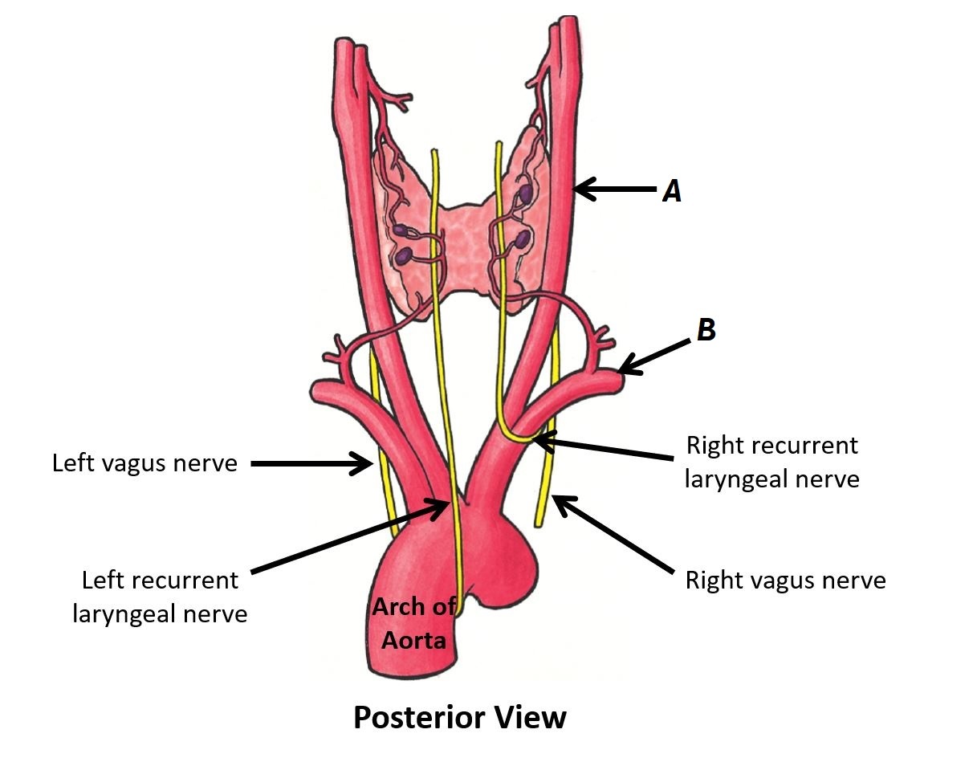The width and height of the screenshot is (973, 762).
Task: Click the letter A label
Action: [x=671, y=191]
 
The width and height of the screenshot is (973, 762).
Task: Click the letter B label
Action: [x=706, y=330]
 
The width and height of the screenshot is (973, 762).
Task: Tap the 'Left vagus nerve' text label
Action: [x=145, y=463]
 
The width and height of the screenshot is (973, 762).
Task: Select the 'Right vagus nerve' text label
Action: [x=784, y=580]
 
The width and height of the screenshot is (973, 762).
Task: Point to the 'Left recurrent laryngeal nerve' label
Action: [x=160, y=597]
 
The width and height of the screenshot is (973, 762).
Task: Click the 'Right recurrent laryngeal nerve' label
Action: [x=771, y=462]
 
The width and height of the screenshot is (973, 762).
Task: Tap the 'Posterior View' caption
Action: [x=460, y=717]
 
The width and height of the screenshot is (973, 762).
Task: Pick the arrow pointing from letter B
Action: [x=654, y=356]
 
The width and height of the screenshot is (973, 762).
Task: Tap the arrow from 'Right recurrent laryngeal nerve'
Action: [x=603, y=450]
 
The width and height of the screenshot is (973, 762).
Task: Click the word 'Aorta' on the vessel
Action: [x=413, y=640]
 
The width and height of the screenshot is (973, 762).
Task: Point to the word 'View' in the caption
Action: [x=527, y=717]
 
